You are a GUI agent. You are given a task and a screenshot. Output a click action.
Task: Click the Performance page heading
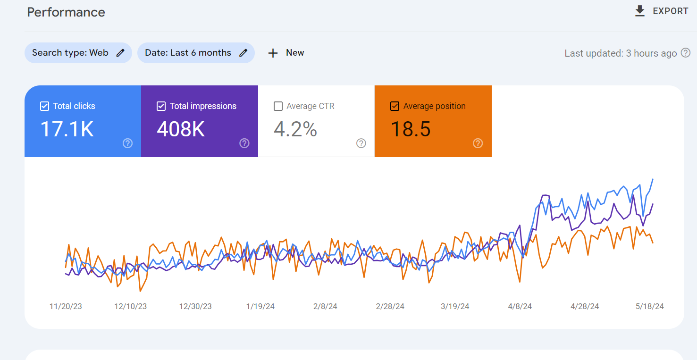[66, 12]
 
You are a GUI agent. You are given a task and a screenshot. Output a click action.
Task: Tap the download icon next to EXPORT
[640, 11]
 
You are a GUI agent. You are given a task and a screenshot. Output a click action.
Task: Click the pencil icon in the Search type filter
[120, 53]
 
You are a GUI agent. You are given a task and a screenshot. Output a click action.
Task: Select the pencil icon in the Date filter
[244, 53]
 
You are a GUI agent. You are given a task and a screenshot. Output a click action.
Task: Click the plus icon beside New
[273, 53]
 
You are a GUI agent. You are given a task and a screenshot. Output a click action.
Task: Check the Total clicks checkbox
[44, 106]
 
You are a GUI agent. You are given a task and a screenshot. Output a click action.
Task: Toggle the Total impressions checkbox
[161, 106]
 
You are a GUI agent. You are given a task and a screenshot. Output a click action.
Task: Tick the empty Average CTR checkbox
[278, 106]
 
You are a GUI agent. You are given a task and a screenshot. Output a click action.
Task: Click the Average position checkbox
[395, 106]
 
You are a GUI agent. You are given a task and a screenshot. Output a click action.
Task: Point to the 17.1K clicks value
[67, 129]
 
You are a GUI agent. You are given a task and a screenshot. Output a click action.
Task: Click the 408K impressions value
[181, 129]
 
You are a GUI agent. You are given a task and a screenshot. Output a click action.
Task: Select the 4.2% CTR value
[295, 129]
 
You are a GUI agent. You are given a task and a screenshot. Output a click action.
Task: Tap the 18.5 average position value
[411, 129]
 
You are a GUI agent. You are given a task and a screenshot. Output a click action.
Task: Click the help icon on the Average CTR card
[361, 143]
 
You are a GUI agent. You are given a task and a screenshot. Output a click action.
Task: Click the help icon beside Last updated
[686, 53]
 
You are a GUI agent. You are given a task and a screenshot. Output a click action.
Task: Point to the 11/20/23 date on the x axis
[66, 307]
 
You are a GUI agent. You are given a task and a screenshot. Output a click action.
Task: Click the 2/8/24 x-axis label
[325, 307]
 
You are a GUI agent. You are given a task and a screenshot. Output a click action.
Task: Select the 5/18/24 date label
[650, 307]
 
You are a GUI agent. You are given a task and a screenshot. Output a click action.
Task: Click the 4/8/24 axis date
[520, 307]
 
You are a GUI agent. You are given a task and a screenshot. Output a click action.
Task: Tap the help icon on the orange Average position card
[478, 143]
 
